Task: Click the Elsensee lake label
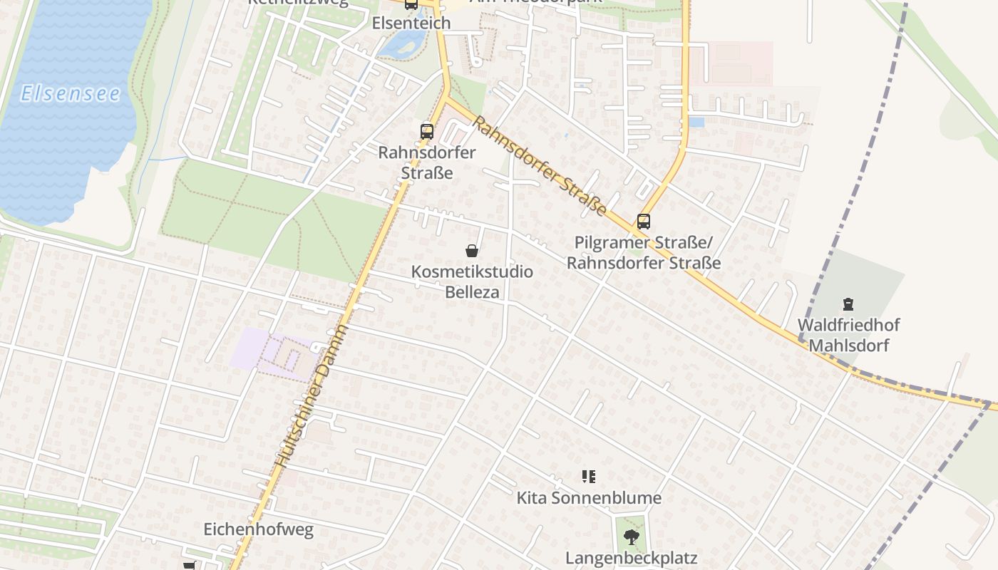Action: tap(70, 93)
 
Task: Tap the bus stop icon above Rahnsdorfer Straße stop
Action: tap(427, 131)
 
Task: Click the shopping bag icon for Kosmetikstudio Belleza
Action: tap(471, 250)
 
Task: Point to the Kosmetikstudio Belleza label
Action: tap(472, 281)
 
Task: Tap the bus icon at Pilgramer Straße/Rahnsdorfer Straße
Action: tap(643, 222)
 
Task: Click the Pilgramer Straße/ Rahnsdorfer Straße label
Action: tap(643, 253)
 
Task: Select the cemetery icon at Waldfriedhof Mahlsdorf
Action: tap(848, 304)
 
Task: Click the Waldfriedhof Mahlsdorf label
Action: tap(848, 336)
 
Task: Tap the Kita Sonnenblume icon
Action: tap(589, 477)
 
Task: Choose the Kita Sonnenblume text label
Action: tap(589, 498)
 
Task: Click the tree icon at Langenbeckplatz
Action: tap(631, 537)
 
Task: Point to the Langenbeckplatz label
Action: tap(631, 558)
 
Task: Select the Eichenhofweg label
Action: tap(258, 530)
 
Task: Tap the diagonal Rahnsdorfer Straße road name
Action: tap(539, 165)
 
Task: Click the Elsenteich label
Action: tap(411, 23)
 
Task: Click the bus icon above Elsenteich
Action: tap(411, 4)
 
